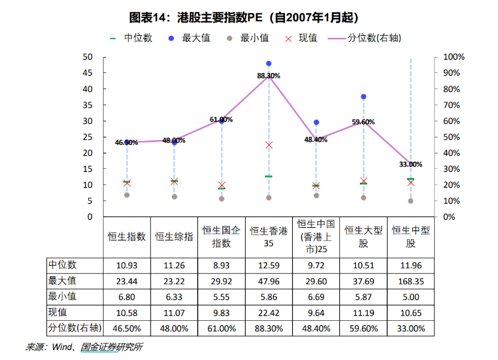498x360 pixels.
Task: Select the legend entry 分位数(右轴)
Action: (x=374, y=39)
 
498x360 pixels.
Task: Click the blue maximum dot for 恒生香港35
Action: (x=269, y=64)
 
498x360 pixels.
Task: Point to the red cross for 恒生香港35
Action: (x=269, y=145)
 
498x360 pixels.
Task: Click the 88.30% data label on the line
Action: (x=269, y=76)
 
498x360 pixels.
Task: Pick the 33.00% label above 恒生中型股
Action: (x=410, y=164)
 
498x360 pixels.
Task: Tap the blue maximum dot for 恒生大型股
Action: (x=363, y=97)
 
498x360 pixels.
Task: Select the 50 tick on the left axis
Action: (x=88, y=57)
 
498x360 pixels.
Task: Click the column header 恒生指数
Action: (x=127, y=236)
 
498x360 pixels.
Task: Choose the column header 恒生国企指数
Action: (x=222, y=236)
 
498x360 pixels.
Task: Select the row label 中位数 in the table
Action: (x=62, y=265)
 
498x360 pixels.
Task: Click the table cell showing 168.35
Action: (x=410, y=281)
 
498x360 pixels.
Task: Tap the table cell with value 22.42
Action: (x=269, y=312)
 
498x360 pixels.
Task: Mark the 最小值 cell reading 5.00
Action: (x=410, y=296)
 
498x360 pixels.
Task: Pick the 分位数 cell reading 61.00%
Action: (x=222, y=328)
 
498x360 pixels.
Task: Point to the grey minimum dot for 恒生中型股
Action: (x=410, y=201)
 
